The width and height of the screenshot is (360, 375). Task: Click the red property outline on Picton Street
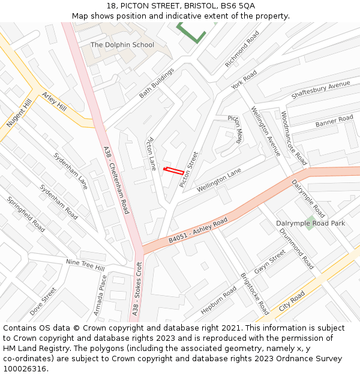pyautogui.click(x=173, y=171)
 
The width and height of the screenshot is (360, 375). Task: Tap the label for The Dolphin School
pyautogui.click(x=122, y=45)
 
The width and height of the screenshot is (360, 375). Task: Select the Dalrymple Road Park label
pyautogui.click(x=311, y=223)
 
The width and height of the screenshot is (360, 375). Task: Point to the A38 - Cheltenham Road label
pyautogui.click(x=116, y=180)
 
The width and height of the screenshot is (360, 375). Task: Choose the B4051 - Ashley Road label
pyautogui.click(x=198, y=230)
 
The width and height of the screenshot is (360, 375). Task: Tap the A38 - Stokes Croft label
pyautogui.click(x=137, y=289)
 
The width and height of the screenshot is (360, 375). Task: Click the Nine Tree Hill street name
pyautogui.click(x=85, y=265)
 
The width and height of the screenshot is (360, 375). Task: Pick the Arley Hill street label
pyautogui.click(x=54, y=101)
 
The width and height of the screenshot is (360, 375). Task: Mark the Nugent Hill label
pyautogui.click(x=19, y=113)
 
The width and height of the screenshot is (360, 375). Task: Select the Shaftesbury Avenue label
pyautogui.click(x=320, y=90)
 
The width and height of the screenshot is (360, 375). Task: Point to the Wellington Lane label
pyautogui.click(x=219, y=179)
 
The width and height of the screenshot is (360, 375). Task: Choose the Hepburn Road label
pyautogui.click(x=219, y=300)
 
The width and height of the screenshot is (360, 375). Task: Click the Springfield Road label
pyautogui.click(x=26, y=214)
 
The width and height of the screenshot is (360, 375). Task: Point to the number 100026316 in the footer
pyautogui.click(x=25, y=369)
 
